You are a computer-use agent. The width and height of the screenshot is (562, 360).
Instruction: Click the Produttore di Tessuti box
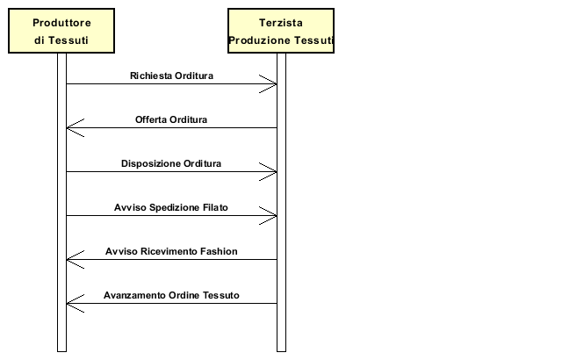point(61,31)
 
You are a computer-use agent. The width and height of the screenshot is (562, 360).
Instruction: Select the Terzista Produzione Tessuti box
point(281,31)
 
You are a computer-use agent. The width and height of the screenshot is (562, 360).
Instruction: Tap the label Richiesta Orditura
point(171,76)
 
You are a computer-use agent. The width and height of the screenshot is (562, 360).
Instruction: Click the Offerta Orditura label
point(171,119)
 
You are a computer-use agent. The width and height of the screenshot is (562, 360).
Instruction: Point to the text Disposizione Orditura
point(171,163)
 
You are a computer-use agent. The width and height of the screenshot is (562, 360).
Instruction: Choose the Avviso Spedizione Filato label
point(171,207)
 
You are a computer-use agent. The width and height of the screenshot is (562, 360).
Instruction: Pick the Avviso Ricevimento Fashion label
point(171,251)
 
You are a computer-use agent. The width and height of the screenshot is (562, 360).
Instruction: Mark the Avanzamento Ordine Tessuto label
point(171,295)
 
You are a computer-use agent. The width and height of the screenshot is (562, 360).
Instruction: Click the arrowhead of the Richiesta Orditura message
point(277,84)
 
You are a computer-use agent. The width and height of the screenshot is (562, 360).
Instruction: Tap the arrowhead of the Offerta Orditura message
point(67,128)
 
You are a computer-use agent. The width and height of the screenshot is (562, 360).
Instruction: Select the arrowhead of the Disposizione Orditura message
point(277,172)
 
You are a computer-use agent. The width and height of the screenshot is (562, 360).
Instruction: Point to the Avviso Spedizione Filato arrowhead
point(277,216)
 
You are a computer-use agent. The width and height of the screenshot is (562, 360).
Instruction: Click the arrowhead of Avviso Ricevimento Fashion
point(67,260)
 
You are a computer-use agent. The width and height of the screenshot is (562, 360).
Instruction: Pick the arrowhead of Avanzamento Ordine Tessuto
point(67,304)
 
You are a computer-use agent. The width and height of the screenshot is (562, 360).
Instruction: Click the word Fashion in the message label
point(219,251)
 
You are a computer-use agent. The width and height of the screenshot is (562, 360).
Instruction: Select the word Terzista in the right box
point(281,23)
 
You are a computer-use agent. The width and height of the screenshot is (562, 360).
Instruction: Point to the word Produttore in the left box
point(61,23)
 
